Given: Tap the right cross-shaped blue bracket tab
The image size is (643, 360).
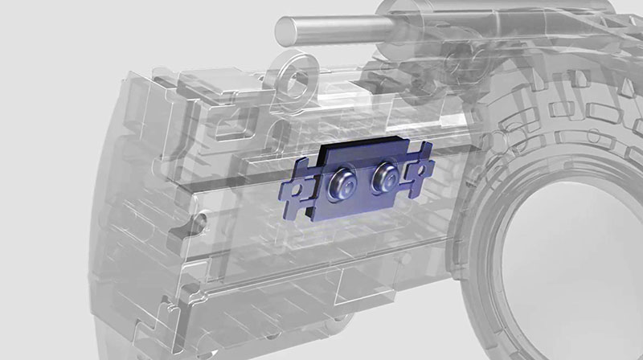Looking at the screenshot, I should coord(419,170).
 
